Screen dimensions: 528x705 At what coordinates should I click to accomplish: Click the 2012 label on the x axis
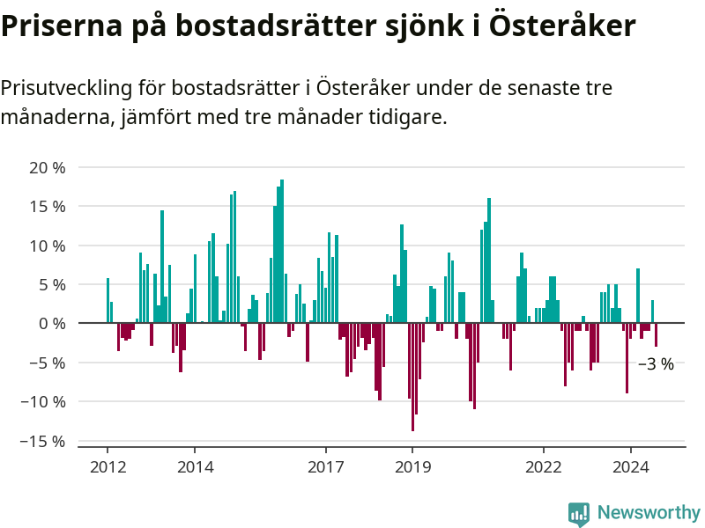(108, 467)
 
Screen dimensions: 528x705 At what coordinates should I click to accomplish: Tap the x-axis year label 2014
(195, 467)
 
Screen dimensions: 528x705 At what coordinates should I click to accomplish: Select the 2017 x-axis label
(325, 467)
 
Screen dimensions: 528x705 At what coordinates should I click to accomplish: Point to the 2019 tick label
(412, 467)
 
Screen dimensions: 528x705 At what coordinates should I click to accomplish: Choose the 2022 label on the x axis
(543, 467)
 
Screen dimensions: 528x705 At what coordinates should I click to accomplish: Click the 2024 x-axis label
(630, 467)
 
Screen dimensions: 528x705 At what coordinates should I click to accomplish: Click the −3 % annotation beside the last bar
(656, 364)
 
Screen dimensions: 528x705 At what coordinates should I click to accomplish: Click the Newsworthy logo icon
(579, 514)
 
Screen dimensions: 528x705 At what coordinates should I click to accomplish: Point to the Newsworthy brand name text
(649, 512)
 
